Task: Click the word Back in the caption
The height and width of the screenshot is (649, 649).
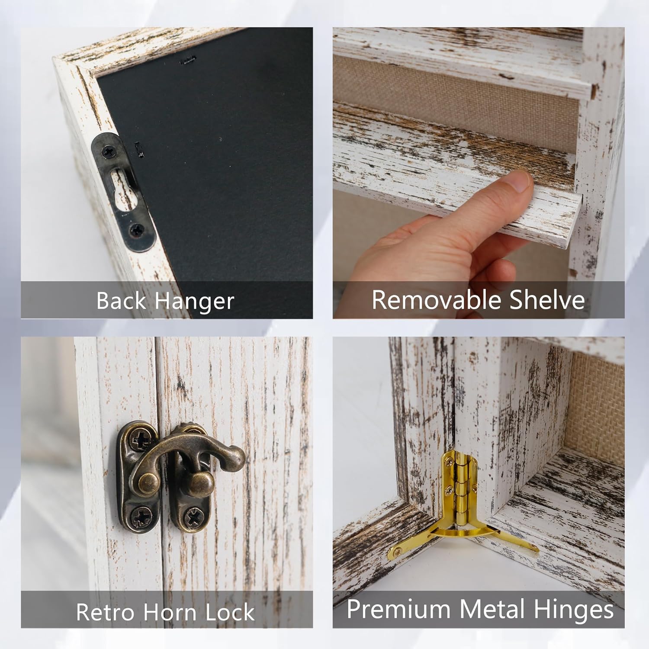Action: click(x=121, y=300)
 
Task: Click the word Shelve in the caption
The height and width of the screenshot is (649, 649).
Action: click(x=547, y=299)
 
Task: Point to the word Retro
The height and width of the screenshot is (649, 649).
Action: click(x=106, y=612)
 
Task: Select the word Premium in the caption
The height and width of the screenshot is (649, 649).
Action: click(x=398, y=609)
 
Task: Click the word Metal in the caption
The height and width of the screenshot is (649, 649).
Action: click(x=492, y=609)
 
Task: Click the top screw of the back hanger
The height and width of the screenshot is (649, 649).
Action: click(x=108, y=151)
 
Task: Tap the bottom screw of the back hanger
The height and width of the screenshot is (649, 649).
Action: click(x=137, y=229)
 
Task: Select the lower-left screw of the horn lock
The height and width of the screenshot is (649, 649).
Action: click(x=141, y=516)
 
